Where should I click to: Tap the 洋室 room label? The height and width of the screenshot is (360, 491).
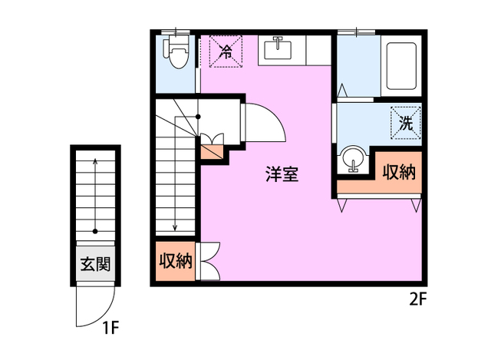(x=282, y=174)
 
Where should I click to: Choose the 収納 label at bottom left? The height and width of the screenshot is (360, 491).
(x=174, y=261)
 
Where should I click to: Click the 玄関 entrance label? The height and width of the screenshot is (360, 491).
(x=96, y=266)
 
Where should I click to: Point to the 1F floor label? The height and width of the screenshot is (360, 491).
(x=111, y=329)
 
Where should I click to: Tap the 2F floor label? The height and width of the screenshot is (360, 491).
(x=417, y=300)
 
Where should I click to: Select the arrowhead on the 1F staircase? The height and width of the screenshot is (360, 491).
(x=95, y=161)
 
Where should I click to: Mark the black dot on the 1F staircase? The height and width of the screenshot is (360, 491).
(x=95, y=230)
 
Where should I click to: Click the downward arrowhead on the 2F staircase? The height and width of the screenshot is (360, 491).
(x=175, y=227)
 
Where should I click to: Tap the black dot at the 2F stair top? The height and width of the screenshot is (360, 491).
(x=199, y=117)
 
